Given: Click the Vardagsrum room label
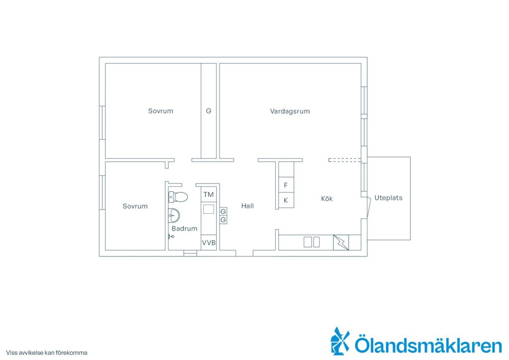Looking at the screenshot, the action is point(290,111).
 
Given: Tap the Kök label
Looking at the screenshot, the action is point(327,198).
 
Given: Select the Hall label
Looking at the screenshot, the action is point(248,206).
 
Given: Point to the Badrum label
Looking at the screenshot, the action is point(184,228).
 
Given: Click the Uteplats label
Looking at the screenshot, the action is point(388,198).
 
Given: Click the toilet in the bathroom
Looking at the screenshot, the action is point(178,197).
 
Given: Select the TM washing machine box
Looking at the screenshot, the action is point(208,194).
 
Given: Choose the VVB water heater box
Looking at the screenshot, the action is point(208,243).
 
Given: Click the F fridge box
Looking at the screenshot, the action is point(286,185).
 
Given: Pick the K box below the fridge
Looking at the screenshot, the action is point(286,200).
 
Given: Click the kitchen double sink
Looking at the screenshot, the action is point(312,242).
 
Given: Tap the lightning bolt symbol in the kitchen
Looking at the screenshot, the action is point(341,243).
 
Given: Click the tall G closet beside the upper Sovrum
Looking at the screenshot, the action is point(208,111).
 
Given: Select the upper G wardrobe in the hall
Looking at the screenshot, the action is point(223,212).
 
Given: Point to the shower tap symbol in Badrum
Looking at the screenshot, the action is point(171,237).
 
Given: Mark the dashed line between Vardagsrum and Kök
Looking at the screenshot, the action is point(345,160).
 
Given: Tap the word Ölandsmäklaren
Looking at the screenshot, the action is point(428,345).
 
